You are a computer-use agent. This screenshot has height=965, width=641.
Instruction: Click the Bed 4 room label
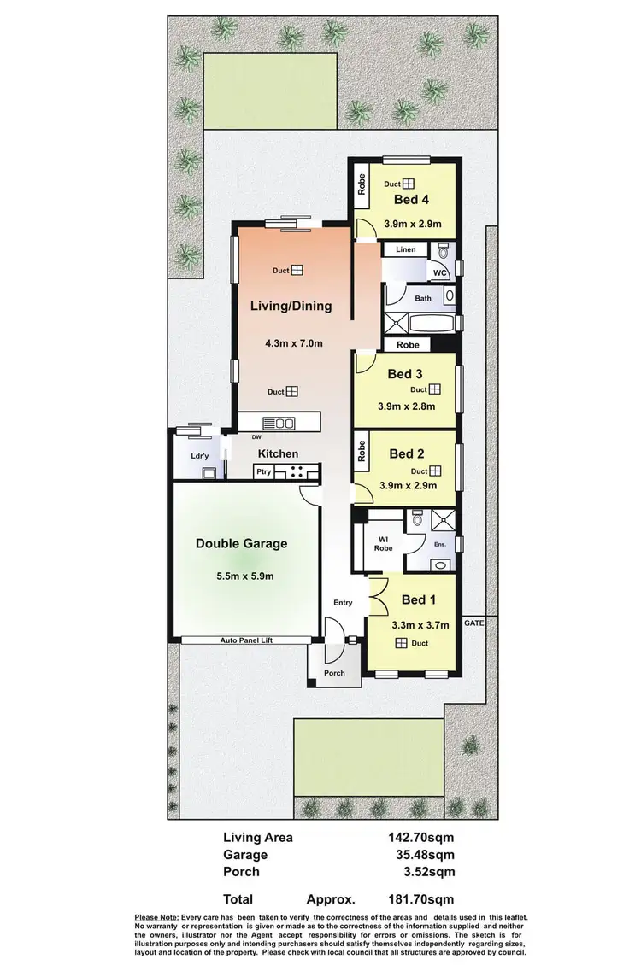pos(411,200)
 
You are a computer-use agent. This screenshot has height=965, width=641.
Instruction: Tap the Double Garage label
pos(241,543)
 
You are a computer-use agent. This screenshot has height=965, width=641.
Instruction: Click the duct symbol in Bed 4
pos(409,184)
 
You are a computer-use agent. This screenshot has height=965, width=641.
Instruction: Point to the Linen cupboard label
pos(405,249)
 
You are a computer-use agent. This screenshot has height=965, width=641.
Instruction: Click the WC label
pos(440,272)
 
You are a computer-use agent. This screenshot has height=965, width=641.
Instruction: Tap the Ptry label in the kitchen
pos(264,471)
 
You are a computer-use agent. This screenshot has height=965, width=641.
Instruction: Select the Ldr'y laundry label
pos(200,456)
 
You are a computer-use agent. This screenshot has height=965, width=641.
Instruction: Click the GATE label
pos(473,623)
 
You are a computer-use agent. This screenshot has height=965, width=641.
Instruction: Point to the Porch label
pos(334,673)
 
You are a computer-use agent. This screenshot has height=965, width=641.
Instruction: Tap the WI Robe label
pos(384,543)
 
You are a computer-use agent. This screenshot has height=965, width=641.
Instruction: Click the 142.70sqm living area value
pos(421,838)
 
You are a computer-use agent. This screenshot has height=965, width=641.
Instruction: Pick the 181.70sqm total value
pos(421,899)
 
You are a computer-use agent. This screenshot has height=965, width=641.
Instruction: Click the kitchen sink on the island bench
pos(279,422)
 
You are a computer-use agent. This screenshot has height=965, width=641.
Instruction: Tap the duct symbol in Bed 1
pos(399,644)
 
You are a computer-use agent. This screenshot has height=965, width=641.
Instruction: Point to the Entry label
pos(343,603)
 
